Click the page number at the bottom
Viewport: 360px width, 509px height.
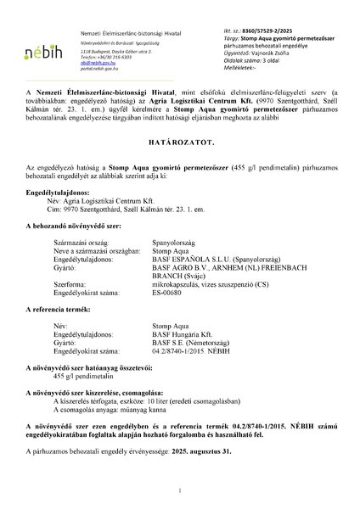tap(180, 490)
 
